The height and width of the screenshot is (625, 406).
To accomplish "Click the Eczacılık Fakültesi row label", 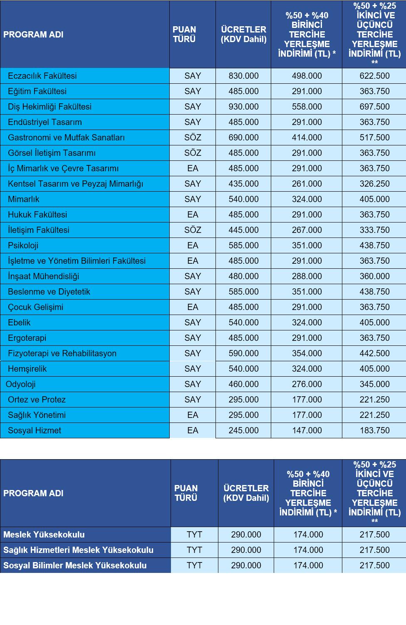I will (42, 76).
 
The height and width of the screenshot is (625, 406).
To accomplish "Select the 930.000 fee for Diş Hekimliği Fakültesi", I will (243, 107).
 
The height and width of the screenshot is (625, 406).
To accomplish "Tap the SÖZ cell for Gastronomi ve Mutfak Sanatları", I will (193, 137).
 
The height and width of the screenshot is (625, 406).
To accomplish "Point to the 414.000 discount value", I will (307, 137).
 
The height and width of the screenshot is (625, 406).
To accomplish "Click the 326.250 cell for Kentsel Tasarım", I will (374, 184).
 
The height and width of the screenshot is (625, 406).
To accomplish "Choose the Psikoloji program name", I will (23, 245).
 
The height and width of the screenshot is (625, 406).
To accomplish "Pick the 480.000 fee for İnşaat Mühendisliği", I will (243, 276).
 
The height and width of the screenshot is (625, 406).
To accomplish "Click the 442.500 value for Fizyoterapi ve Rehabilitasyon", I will (374, 353).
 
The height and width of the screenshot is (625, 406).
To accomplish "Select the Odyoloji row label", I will (21, 384).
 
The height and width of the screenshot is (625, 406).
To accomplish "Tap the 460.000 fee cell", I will (243, 384).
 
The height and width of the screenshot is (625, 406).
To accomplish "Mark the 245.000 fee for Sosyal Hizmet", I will (243, 430).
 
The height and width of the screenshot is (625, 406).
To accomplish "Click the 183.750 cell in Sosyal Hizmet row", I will (374, 430).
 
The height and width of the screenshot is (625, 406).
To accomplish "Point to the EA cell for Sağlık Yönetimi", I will (193, 415).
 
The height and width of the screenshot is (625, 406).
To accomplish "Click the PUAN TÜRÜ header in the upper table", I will (184, 35).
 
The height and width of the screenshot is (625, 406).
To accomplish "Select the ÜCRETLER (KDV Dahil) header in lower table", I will (246, 493).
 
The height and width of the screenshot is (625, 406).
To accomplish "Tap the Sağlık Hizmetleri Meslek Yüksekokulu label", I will (78, 550).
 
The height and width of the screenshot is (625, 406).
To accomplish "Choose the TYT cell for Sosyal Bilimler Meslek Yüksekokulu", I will (194, 565).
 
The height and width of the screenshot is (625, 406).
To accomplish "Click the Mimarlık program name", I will (24, 199).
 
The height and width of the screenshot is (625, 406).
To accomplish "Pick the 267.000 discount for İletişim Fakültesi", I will (307, 230).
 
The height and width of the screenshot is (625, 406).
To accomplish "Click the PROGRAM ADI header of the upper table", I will (33, 35).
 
